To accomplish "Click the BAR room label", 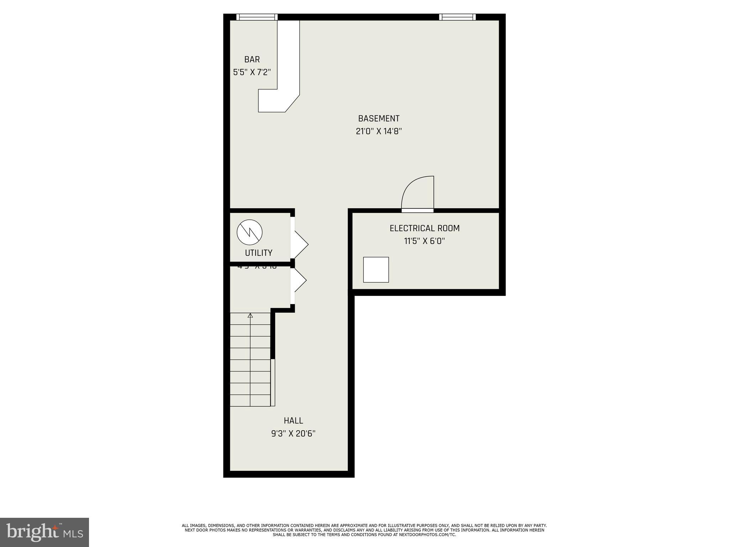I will (252, 59).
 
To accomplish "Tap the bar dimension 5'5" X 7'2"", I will (252, 72).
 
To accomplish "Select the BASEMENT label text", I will (378, 119).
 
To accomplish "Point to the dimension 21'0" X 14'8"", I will (378, 131).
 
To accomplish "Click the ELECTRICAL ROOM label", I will (424, 228).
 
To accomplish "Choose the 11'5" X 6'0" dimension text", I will (424, 241).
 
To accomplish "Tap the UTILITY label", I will (258, 253).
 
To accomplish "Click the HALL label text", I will (293, 421).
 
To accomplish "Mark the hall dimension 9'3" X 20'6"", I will (293, 434).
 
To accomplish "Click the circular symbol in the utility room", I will (250, 232).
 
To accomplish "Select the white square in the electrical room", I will (376, 270).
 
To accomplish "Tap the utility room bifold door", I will (300, 244).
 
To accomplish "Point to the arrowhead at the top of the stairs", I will (250, 315).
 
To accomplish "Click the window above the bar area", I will (257, 17).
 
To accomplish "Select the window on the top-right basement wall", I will (457, 17).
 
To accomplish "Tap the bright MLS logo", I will (44, 532).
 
